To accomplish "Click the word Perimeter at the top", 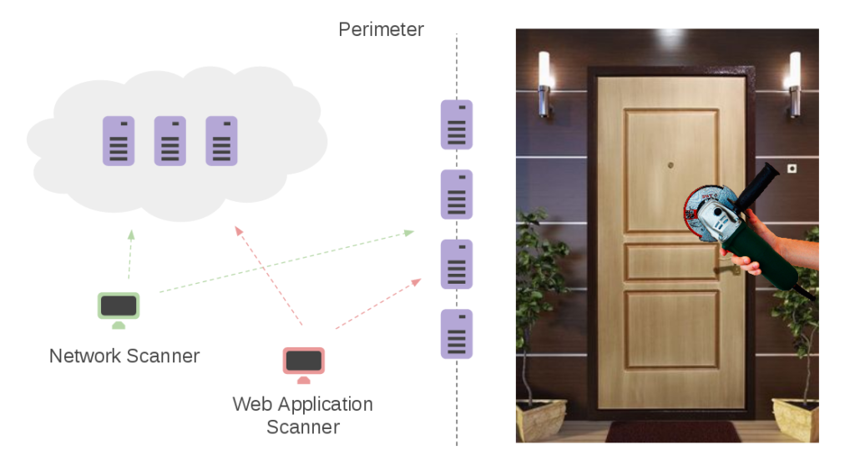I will [x=381, y=30].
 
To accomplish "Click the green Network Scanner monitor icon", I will [x=119, y=308].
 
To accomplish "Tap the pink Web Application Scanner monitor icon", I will [x=303, y=362].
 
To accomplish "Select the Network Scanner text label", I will [x=124, y=356].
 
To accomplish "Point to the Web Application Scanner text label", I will [x=302, y=415].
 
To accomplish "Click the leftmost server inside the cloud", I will [x=119, y=141].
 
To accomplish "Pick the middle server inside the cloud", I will [x=170, y=141].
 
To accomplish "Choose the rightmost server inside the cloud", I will [x=221, y=141].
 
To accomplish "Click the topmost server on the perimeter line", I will [x=457, y=124].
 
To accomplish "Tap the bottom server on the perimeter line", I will [x=457, y=334].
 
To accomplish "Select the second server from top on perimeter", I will [x=457, y=195].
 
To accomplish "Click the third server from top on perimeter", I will [x=457, y=264].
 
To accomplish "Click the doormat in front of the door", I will [x=672, y=432].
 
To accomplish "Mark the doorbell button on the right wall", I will [x=792, y=169].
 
